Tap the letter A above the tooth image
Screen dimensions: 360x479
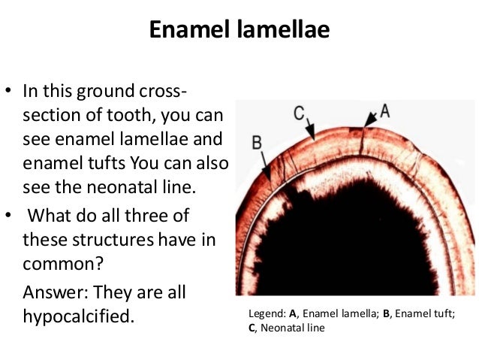[x=385, y=110]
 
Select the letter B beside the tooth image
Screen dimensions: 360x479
[x=257, y=142]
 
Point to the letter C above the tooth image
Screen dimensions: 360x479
[x=299, y=113]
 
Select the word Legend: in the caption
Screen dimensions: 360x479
[x=266, y=314]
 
